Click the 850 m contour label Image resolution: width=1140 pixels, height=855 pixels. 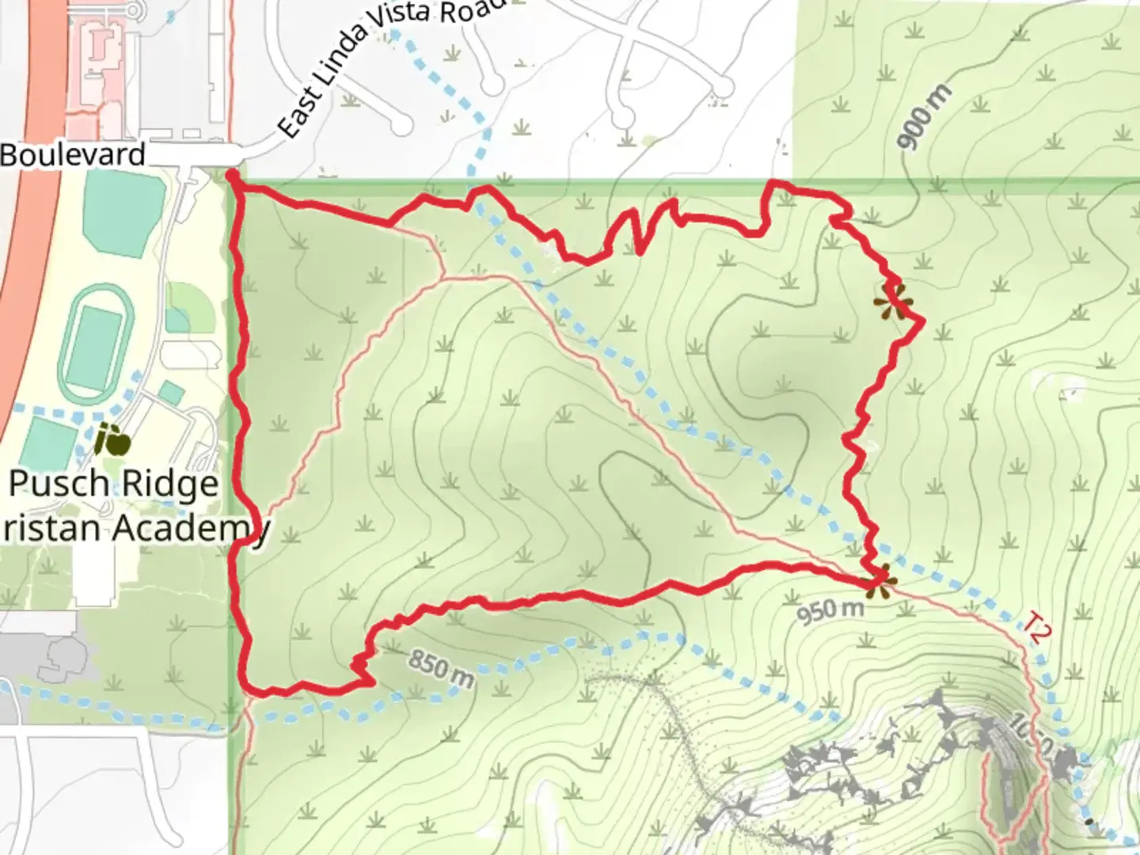click(442, 669)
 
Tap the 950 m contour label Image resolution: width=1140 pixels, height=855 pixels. click(830, 610)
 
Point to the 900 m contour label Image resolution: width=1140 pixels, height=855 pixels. click(925, 117)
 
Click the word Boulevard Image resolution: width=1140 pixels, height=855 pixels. click(73, 154)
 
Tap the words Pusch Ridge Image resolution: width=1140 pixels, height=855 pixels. click(113, 484)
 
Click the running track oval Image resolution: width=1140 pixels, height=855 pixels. click(94, 344)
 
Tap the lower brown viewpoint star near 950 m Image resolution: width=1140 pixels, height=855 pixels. click(877, 582)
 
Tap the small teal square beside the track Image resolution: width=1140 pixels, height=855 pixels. click(171, 393)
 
